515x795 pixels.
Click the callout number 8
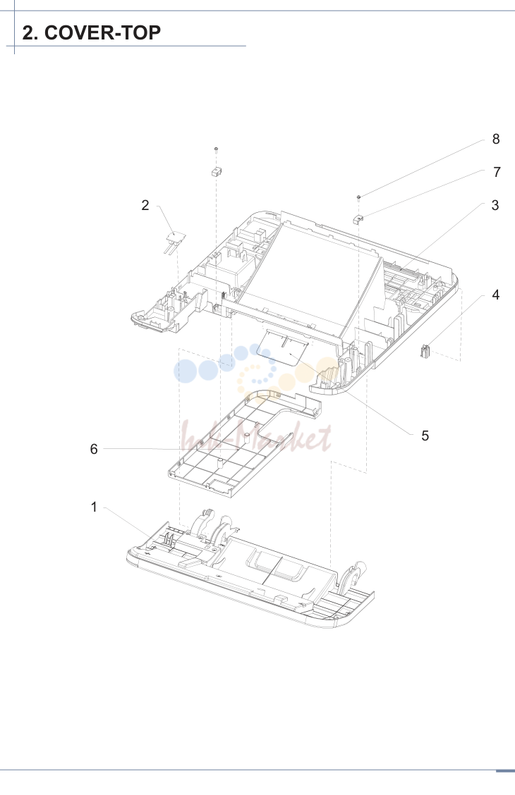(496, 139)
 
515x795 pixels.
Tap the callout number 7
(497, 173)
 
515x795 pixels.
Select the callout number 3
(495, 205)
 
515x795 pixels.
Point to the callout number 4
(496, 295)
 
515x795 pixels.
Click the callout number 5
(425, 436)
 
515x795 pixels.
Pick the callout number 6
(94, 449)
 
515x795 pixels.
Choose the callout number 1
(94, 507)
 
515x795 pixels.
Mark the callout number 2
(145, 205)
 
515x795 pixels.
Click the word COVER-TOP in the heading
(102, 32)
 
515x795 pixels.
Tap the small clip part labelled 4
(425, 350)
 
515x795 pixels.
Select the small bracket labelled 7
(358, 219)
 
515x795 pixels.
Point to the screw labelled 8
(358, 198)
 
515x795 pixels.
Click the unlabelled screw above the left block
(216, 151)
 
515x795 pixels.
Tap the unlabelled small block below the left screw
(217, 171)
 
